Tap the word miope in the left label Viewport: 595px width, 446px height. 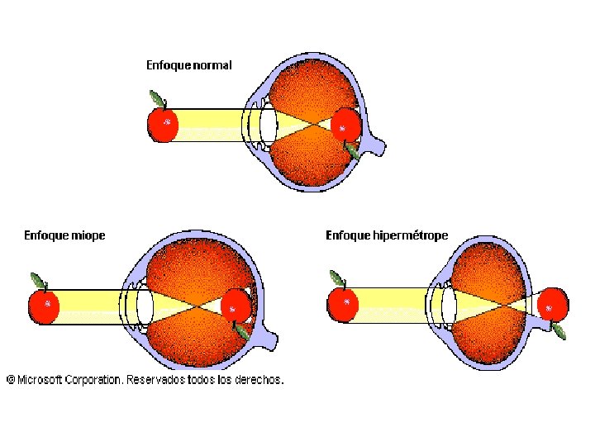click(x=88, y=235)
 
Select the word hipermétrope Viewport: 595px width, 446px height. click(x=411, y=235)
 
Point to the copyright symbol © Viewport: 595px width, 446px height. click(x=11, y=380)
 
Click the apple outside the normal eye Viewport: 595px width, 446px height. click(x=163, y=125)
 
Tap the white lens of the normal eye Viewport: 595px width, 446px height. click(x=267, y=126)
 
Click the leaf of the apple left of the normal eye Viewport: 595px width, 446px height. click(x=155, y=98)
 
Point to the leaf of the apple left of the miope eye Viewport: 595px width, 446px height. click(x=37, y=279)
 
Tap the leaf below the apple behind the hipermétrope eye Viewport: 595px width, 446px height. click(x=559, y=330)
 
